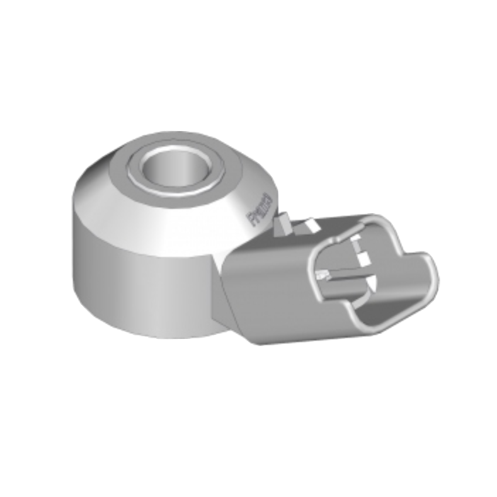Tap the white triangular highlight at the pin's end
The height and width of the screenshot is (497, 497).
pos(370,284)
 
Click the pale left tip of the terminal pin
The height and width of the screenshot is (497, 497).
pos(322,274)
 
